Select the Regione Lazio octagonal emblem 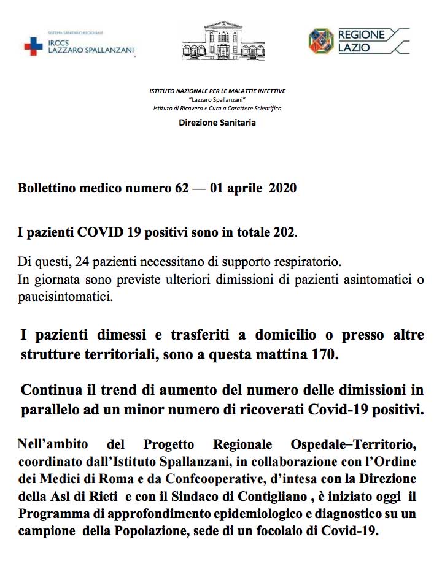pos(321,41)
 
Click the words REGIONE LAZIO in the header pos(362,41)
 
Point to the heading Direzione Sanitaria pos(217,123)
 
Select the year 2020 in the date pos(282,188)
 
